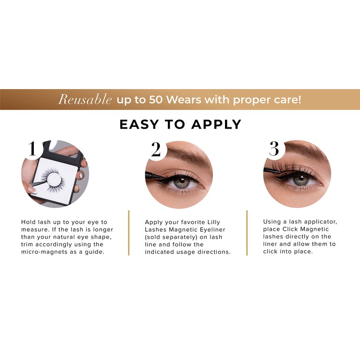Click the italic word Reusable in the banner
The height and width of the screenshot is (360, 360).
pyautogui.click(x=85, y=99)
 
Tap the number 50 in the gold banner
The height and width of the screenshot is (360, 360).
pyautogui.click(x=156, y=100)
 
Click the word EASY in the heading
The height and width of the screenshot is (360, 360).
pyautogui.click(x=139, y=124)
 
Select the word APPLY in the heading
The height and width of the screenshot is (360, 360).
pyautogui.click(x=216, y=124)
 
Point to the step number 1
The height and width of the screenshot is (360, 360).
pyautogui.click(x=32, y=149)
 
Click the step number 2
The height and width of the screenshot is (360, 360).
pyautogui.click(x=156, y=149)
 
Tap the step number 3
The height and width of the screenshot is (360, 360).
pyautogui.click(x=274, y=148)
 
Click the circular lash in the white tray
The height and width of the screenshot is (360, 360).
pyautogui.click(x=53, y=180)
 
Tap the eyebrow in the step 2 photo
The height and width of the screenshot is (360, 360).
pyautogui.click(x=188, y=153)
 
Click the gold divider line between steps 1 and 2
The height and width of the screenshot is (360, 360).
pyautogui.click(x=129, y=233)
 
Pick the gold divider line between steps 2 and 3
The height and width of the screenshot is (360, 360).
pyautogui.click(x=247, y=233)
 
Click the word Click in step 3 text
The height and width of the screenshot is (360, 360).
pyautogui.click(x=290, y=229)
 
